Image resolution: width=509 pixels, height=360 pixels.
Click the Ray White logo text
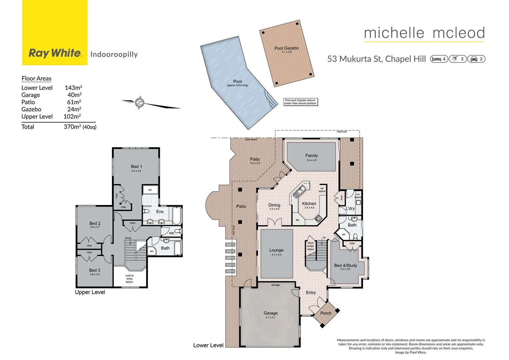pos(55,53)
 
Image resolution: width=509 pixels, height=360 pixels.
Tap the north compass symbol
pos(140,103)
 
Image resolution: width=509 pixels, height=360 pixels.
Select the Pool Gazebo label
pos(286,48)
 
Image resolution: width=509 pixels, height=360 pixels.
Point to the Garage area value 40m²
pos(74,95)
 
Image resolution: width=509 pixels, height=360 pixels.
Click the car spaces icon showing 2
pos(476,59)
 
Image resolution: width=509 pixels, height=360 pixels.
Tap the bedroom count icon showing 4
pos(439,59)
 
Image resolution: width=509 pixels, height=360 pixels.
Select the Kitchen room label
pos(309,204)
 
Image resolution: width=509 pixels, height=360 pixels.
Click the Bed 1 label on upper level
pos(136,166)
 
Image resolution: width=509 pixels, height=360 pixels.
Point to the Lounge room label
pos(276,250)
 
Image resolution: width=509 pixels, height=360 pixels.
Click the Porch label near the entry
pos(325,313)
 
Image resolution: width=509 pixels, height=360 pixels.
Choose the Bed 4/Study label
pos(345,265)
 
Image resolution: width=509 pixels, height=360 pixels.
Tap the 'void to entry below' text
pos(130,279)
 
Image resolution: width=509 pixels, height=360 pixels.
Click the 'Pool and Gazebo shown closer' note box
pos(300,102)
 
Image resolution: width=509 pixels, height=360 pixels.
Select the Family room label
pos(311,156)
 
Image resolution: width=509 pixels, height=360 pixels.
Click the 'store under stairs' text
pos(310,246)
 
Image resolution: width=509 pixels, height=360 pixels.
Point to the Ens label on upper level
pos(160,212)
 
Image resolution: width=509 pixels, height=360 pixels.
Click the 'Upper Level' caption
pos(90,292)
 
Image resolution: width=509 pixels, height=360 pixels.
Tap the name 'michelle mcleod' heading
pos(424,33)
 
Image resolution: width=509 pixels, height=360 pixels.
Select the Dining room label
pos(274,205)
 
